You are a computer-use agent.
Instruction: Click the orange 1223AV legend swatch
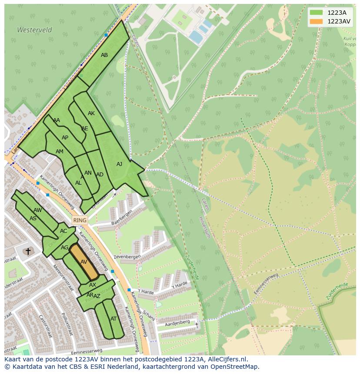pos(316,21)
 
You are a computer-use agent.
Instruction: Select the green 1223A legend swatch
pos(316,13)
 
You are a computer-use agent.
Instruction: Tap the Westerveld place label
pos(34,30)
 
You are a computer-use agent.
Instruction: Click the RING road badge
pos(80,220)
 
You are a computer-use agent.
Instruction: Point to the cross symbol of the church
pos(28,251)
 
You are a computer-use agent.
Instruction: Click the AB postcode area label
pos(104,55)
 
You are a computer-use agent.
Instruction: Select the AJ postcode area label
pos(119,164)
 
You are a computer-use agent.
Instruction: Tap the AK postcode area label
pos(91,113)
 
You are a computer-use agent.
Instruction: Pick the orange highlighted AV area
pos(85,261)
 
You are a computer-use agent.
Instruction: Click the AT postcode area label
pos(113,318)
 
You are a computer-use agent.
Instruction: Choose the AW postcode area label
pos(38,210)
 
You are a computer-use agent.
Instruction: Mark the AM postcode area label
pos(60,151)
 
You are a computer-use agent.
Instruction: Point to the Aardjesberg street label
pos(178,322)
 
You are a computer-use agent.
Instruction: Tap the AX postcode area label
pos(93,285)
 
